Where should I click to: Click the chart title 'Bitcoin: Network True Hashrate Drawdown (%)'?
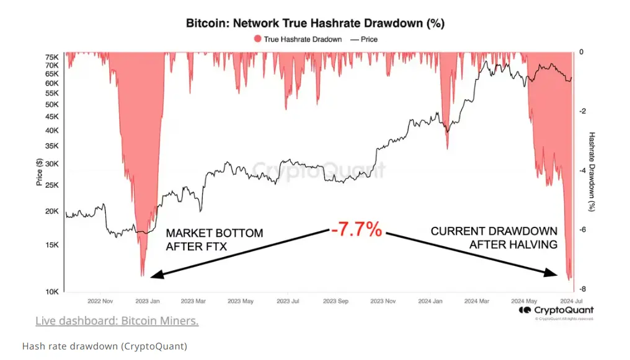click(315, 24)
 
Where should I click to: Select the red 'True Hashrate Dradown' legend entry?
click(297, 39)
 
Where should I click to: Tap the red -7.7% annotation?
click(356, 230)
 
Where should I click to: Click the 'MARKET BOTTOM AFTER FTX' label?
click(214, 240)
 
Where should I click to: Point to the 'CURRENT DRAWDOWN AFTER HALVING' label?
click(494, 238)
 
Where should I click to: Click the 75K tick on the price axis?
click(52, 56)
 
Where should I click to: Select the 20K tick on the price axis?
click(52, 211)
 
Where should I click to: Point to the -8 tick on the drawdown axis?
click(580, 289)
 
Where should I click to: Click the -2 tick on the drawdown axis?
click(580, 111)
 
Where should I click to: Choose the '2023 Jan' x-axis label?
click(146, 301)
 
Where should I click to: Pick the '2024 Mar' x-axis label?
click(476, 301)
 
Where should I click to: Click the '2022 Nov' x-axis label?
click(101, 301)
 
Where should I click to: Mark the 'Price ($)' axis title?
click(39, 172)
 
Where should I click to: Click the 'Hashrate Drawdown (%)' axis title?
click(592, 172)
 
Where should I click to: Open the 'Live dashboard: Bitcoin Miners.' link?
click(117, 321)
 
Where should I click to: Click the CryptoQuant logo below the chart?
click(556, 310)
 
